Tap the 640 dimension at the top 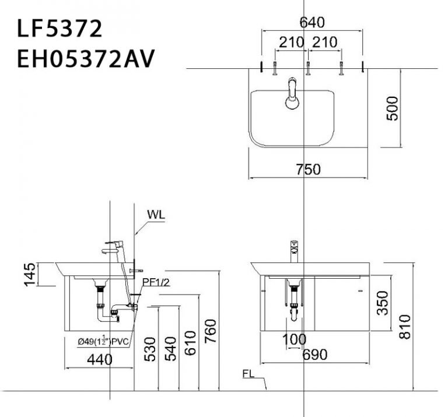[311, 23]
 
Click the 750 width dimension [308, 169]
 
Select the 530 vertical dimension [150, 349]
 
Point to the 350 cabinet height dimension [381, 303]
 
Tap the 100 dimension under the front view [295, 339]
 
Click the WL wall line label [156, 214]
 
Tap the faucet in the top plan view [292, 95]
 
